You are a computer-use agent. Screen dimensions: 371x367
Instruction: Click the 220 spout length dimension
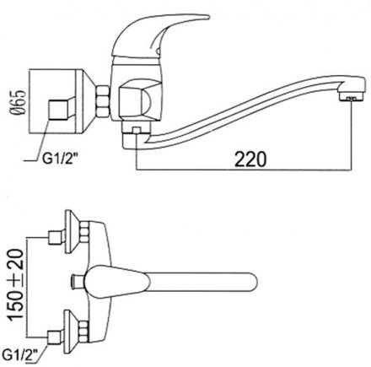click(250, 159)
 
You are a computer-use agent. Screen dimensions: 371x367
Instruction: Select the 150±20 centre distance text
click(15, 285)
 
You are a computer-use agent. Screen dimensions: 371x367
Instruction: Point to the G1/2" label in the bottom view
click(20, 352)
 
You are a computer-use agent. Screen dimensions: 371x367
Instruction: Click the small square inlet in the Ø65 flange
click(58, 110)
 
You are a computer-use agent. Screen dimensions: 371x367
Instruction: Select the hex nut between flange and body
click(102, 100)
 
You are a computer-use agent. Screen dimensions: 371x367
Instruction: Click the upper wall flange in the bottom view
click(72, 232)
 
